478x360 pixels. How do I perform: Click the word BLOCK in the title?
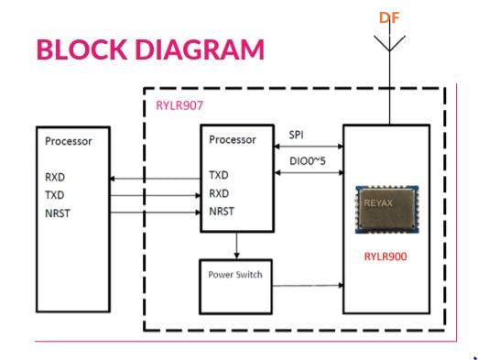[81, 49]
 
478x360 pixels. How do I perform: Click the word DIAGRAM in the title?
[200, 49]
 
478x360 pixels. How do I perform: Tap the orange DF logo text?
[389, 17]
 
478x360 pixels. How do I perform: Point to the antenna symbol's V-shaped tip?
[389, 50]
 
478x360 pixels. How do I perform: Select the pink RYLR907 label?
[179, 105]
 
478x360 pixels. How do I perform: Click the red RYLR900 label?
[386, 256]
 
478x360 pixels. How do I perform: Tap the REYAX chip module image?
[387, 209]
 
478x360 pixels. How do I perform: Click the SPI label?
[296, 135]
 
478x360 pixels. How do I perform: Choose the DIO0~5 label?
[308, 161]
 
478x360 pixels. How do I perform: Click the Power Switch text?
[235, 275]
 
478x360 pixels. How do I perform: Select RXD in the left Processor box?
[55, 177]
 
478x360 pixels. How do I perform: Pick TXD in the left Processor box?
[55, 195]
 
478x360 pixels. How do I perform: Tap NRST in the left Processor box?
[58, 213]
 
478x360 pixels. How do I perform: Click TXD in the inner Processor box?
[219, 175]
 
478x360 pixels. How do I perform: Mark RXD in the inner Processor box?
[219, 193]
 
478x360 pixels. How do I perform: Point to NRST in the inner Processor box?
[222, 212]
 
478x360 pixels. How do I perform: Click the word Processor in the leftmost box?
[69, 141]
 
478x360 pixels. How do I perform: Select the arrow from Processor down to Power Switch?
[236, 245]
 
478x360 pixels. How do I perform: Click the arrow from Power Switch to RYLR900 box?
[308, 286]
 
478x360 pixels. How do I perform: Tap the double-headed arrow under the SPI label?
[309, 147]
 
